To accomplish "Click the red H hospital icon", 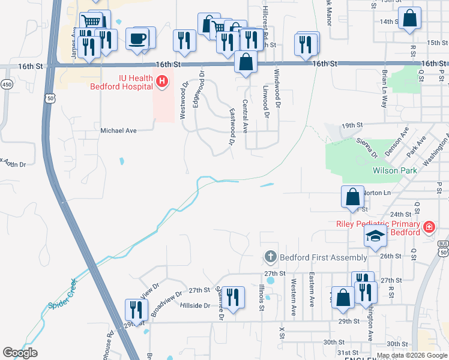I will tap(161, 80).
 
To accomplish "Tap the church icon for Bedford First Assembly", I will tap(270, 257).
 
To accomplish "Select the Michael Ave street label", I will tap(119, 130).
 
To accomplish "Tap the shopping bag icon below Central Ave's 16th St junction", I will tap(246, 62).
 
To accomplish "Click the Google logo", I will tap(20, 353).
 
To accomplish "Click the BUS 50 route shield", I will tap(443, 248).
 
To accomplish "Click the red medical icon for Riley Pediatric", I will tap(429, 227).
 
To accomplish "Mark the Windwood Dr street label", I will tap(277, 92).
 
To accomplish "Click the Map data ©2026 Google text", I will tap(412, 355).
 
